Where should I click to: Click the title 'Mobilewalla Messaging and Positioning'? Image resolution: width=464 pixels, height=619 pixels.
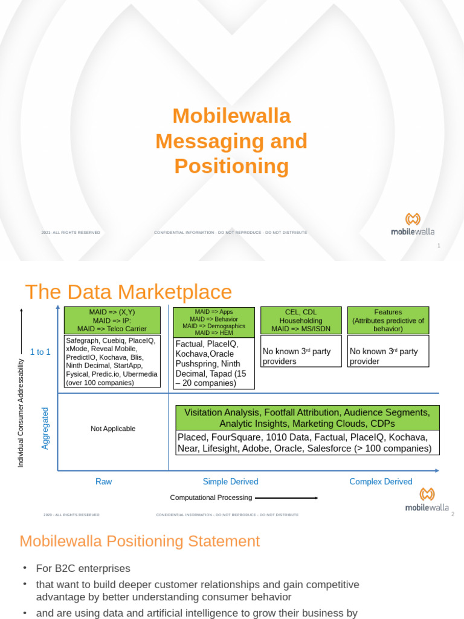pos(231,141)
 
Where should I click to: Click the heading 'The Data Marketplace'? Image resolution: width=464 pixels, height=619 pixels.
pos(128,292)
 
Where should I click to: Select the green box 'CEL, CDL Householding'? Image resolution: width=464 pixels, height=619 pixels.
pos(300,320)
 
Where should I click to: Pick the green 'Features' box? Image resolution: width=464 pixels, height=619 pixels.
pos(388,320)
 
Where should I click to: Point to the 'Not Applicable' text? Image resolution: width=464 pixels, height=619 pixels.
pos(113,429)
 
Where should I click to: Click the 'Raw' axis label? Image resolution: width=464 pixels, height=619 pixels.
pos(104,482)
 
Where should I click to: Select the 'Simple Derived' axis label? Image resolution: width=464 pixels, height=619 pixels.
pos(230,482)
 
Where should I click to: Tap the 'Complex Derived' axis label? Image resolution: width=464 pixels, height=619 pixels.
pos(381,482)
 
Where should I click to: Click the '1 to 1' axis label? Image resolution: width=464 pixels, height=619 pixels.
pos(40,352)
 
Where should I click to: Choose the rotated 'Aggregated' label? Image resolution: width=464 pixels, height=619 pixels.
pos(45,428)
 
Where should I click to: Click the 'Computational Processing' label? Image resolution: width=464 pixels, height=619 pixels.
pos(211,497)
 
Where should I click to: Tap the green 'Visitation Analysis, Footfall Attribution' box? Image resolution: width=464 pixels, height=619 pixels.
pos(307,418)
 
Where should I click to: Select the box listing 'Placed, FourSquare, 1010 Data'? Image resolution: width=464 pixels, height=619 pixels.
pos(307,442)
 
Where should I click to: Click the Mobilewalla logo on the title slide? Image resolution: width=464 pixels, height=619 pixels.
pos(413,223)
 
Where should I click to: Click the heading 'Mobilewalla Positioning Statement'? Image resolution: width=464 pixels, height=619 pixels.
pos(140,541)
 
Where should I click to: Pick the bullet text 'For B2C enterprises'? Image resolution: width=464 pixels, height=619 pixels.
pos(83,569)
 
